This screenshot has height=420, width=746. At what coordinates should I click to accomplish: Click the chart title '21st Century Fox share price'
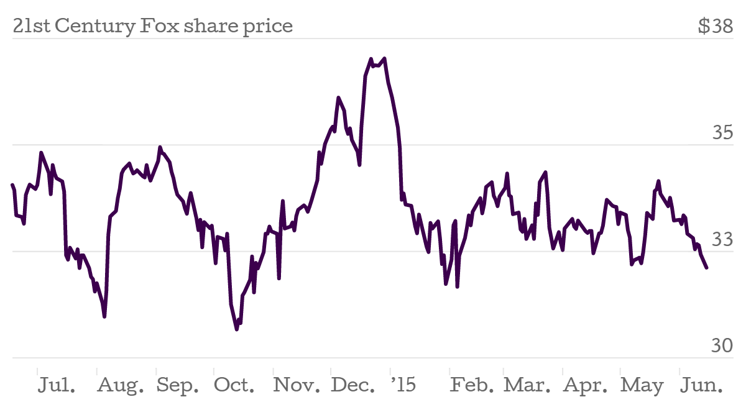[x=152, y=27]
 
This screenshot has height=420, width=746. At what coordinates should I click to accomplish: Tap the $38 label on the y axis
[x=715, y=27]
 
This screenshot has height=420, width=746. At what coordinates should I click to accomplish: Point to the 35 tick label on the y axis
[x=723, y=133]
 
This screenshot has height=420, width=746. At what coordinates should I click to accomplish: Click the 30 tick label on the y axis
[x=723, y=345]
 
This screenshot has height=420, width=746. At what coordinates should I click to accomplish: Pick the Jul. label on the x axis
[x=57, y=386]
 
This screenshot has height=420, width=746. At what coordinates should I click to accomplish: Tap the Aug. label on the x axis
[x=121, y=386]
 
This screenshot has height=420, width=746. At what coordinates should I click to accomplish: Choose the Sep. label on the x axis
[x=178, y=386]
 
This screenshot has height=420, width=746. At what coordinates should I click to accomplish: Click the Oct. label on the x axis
[x=234, y=386]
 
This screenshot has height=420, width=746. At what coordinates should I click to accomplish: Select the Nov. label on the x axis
[x=297, y=386]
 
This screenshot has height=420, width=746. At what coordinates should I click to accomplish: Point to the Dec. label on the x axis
[x=353, y=386]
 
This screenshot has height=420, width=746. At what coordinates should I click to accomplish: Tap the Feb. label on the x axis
[x=472, y=386]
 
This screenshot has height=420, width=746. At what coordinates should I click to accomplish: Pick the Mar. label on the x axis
[x=527, y=386]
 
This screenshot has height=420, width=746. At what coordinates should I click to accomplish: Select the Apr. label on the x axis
[x=585, y=386]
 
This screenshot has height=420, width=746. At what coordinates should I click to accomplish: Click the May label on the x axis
[x=642, y=386]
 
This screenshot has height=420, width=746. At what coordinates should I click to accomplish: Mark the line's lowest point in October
[x=237, y=329]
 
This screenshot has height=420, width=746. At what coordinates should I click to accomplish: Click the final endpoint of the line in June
[x=707, y=268]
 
